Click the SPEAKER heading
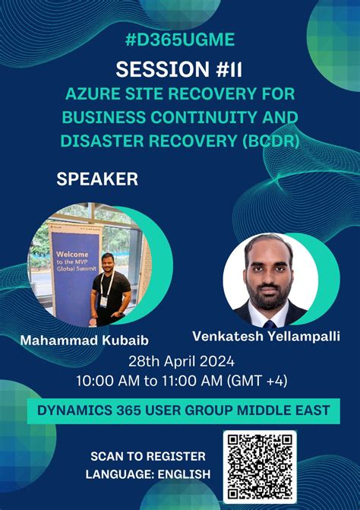[97, 179]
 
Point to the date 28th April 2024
[179, 360]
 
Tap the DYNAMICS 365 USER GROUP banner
[179, 411]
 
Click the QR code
[260, 465]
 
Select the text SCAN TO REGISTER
[148, 456]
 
